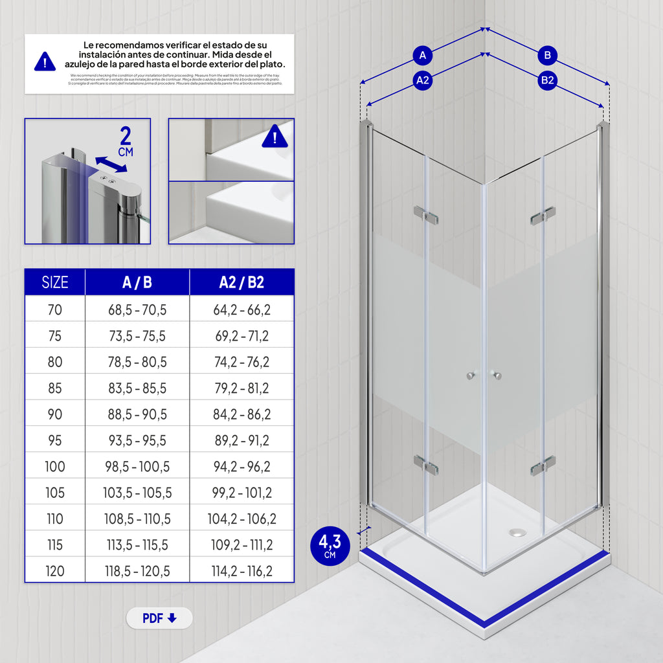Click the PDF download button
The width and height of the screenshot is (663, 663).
click(159, 618)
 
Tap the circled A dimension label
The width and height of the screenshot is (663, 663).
click(423, 56)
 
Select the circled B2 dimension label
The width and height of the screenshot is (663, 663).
click(548, 80)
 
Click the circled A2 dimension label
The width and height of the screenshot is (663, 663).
click(423, 80)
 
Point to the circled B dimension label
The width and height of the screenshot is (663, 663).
click(548, 56)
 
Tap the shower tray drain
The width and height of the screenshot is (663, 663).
click(517, 532)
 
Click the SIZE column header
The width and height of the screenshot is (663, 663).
click(55, 282)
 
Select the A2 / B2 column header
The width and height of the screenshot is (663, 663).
click(242, 282)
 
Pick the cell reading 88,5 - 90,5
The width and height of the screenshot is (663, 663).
click(137, 414)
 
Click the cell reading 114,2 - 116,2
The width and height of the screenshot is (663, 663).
click(242, 571)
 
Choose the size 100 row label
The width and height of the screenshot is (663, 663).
click(55, 467)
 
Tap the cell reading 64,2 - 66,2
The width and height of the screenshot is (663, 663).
click(242, 310)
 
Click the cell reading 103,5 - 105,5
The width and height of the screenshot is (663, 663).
click(137, 493)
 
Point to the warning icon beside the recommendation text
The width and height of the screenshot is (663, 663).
click(45, 62)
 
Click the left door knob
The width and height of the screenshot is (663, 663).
click(471, 376)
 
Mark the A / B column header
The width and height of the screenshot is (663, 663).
click(137, 282)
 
